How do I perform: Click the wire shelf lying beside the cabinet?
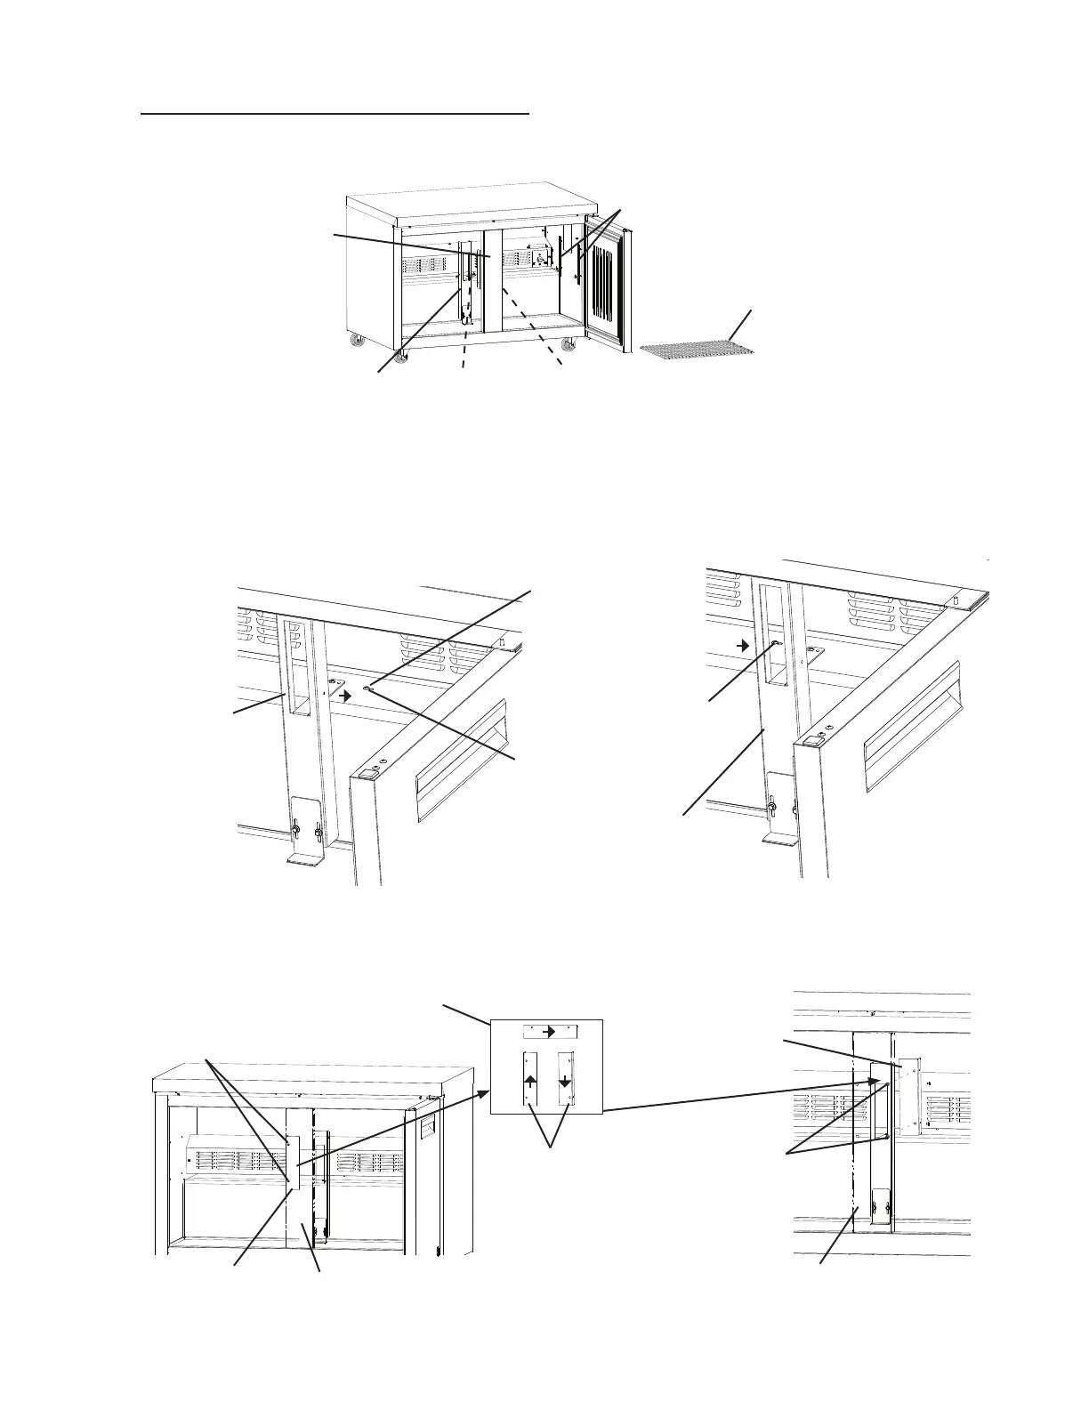coord(697,350)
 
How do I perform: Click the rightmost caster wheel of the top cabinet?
coord(567,346)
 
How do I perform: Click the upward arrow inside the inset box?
coord(530,1079)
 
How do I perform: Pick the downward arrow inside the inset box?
coord(564,1079)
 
